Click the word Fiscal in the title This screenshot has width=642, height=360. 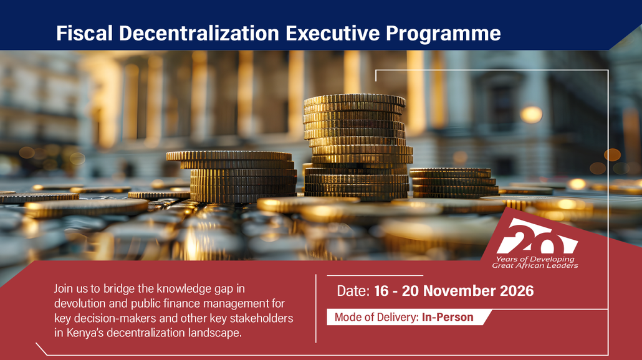(x=84, y=33)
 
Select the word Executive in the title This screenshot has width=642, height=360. (x=332, y=33)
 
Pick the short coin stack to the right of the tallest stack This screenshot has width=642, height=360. (x=454, y=183)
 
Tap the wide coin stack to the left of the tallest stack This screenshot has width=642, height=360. (x=233, y=176)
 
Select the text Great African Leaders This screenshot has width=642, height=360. (x=535, y=265)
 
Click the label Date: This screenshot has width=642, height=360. (x=353, y=291)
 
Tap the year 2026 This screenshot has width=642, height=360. (x=519, y=291)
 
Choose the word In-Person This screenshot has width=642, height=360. (x=448, y=317)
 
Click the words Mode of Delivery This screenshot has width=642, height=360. (x=376, y=317)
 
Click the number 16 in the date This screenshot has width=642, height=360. (x=381, y=291)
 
